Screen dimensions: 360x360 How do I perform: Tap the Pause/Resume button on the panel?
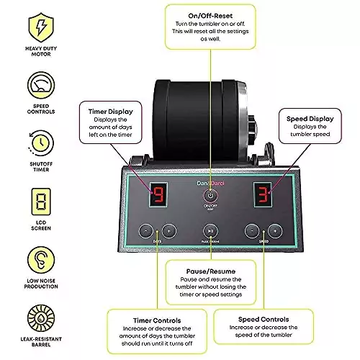(x=210, y=231)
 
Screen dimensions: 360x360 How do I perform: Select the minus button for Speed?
(x=251, y=231)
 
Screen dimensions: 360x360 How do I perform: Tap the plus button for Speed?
(x=275, y=231)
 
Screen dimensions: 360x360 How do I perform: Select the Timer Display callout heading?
(x=111, y=112)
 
